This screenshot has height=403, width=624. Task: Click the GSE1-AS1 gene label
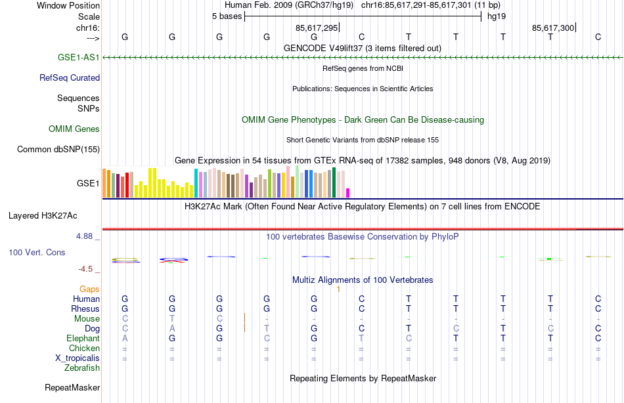79,57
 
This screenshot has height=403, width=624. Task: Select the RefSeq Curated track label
70,77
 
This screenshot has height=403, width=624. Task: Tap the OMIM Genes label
74,129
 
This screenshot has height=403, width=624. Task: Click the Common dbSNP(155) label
58,149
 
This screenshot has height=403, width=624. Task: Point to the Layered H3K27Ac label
43,215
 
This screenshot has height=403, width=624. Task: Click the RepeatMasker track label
72,387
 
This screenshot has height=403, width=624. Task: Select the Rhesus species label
86,308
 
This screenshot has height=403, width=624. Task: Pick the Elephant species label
83,338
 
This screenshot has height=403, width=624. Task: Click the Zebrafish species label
82,368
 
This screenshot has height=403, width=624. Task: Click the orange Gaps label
89,289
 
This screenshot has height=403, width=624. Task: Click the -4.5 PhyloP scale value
89,268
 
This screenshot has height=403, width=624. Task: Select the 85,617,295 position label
317,28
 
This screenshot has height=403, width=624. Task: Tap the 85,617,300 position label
553,28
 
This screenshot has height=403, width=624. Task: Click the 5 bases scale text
227,16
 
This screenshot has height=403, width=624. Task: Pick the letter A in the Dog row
172,328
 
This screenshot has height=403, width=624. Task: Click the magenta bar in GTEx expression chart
348,192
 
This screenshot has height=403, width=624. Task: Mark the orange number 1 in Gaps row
338,289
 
